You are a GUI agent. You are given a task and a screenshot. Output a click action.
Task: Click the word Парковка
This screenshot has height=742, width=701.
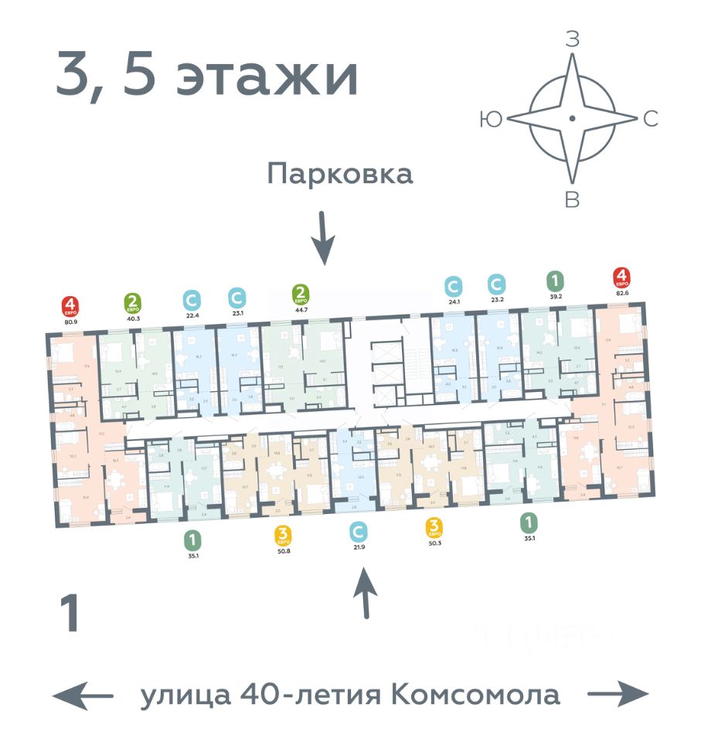[x=340, y=174]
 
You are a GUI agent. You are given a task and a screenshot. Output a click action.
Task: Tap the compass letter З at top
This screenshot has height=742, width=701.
[x=572, y=40]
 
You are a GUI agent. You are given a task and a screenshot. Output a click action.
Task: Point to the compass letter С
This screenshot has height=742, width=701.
[x=651, y=118]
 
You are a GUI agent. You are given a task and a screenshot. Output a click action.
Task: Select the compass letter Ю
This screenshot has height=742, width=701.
[x=489, y=118]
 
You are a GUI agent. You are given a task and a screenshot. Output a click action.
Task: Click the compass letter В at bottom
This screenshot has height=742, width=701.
[x=572, y=199]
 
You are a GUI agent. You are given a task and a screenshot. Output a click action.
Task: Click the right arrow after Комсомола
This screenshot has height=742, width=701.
[x=618, y=696]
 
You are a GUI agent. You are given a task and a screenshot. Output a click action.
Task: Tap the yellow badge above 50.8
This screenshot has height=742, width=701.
[x=283, y=533]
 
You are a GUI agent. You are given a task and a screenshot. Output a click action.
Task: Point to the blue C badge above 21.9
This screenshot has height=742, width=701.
[x=357, y=532]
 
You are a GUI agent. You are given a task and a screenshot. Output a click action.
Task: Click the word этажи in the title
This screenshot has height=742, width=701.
[x=267, y=77]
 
